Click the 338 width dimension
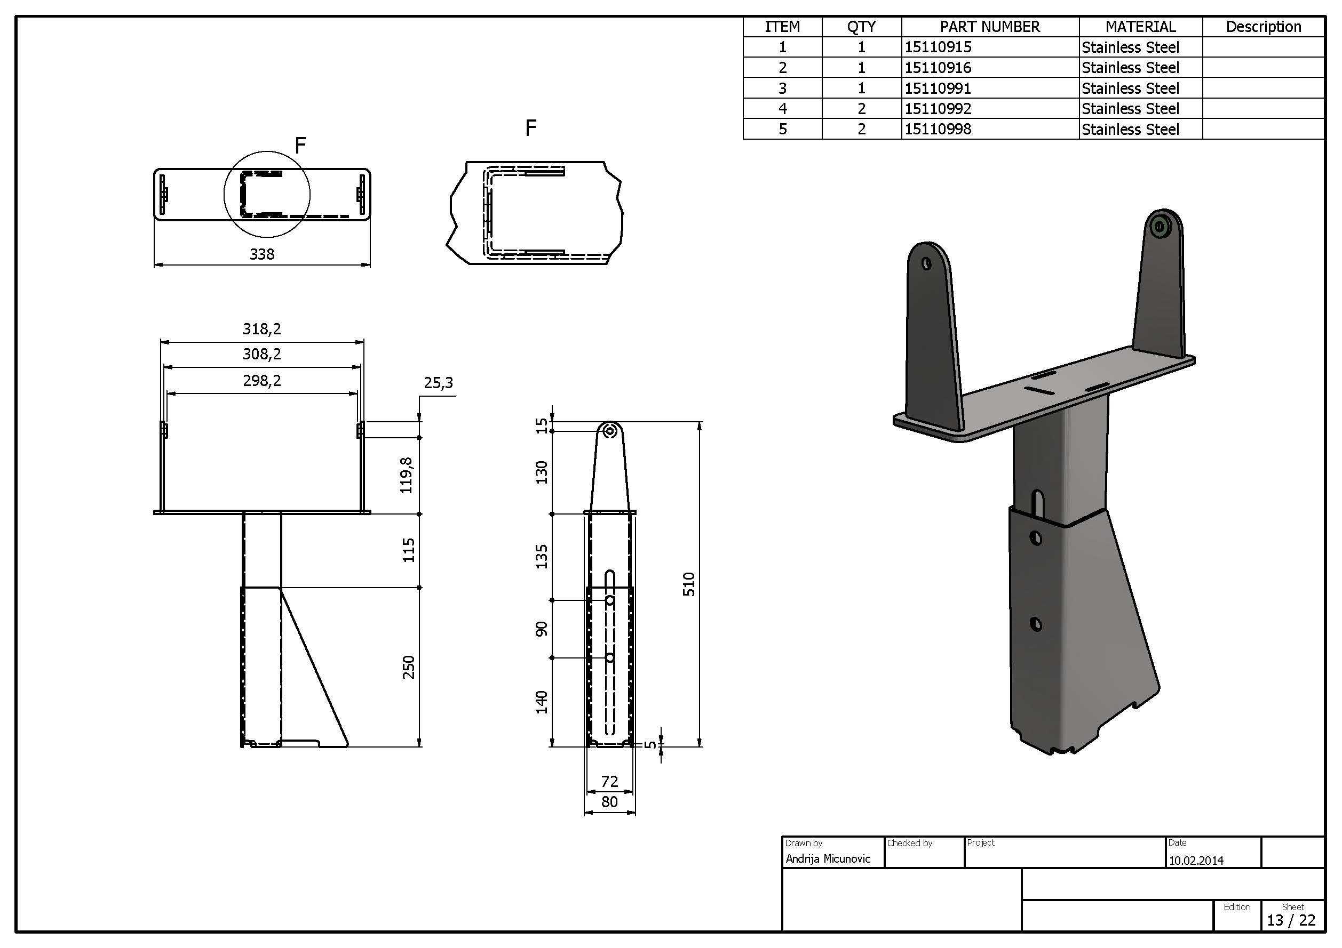coord(262,254)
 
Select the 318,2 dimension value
coord(262,329)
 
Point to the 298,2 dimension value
coord(262,381)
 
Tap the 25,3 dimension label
coord(439,383)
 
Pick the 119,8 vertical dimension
coord(406,476)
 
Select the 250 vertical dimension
coord(409,667)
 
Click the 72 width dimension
coord(609,782)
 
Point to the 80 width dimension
coord(609,802)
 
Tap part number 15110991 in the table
coord(938,88)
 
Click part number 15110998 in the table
coord(938,129)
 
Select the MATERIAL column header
coord(1140,27)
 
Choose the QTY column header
coord(862,27)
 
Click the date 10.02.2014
coord(1196,861)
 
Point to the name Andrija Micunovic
coord(828,858)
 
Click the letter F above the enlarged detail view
coord(531,128)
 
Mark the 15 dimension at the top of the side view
coord(543,426)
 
